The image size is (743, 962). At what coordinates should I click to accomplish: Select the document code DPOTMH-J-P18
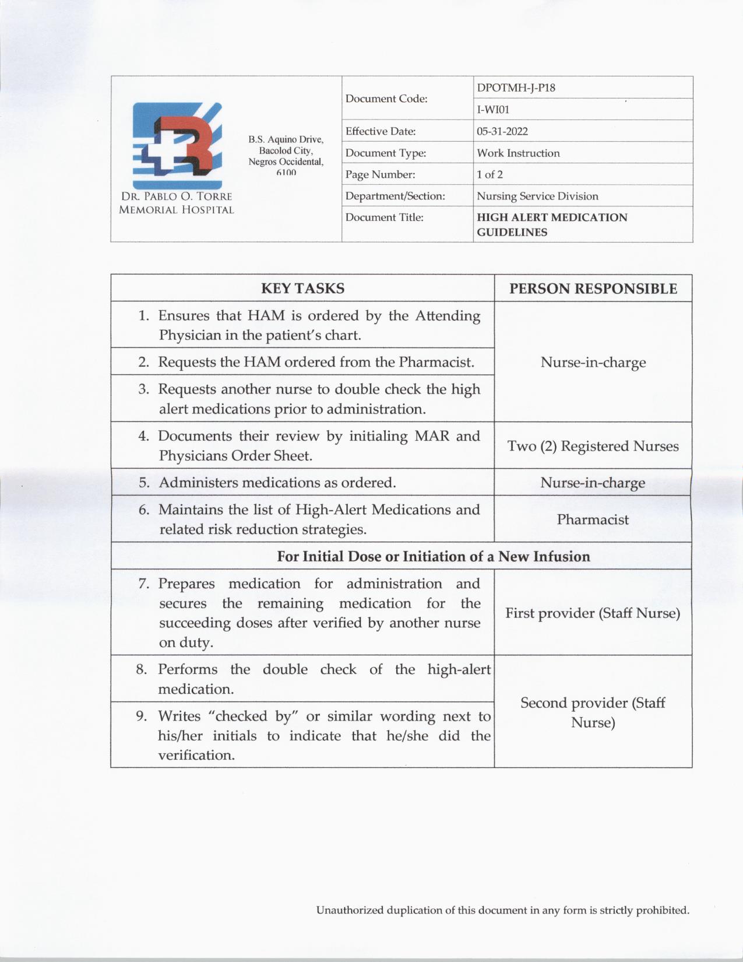(x=516, y=88)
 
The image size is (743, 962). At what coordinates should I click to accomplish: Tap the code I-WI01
(x=493, y=110)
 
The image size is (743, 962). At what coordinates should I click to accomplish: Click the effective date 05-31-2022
(x=502, y=131)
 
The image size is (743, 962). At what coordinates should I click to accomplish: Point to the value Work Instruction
(x=518, y=153)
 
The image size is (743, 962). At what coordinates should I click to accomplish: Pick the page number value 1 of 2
(x=490, y=174)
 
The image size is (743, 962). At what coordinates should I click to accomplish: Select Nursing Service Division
(x=537, y=196)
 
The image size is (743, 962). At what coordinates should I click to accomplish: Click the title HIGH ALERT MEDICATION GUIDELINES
(x=552, y=224)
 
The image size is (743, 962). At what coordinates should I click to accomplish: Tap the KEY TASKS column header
(x=302, y=288)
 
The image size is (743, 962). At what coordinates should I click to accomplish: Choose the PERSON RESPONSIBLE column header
(x=593, y=289)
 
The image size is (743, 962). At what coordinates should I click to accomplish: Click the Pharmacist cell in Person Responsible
(x=593, y=519)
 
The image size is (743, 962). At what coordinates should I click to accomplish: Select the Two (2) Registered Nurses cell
(x=593, y=446)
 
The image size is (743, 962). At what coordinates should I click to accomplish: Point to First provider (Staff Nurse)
(x=593, y=613)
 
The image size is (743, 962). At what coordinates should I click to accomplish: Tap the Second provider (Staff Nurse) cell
(x=593, y=712)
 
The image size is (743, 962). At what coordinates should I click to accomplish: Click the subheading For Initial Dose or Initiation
(x=433, y=556)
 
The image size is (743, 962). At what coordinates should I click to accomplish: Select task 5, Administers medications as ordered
(x=277, y=483)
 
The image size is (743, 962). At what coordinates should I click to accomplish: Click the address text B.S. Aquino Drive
(x=286, y=139)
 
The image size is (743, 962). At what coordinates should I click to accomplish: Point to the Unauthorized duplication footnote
(x=502, y=910)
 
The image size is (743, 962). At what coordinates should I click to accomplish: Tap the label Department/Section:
(x=395, y=196)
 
